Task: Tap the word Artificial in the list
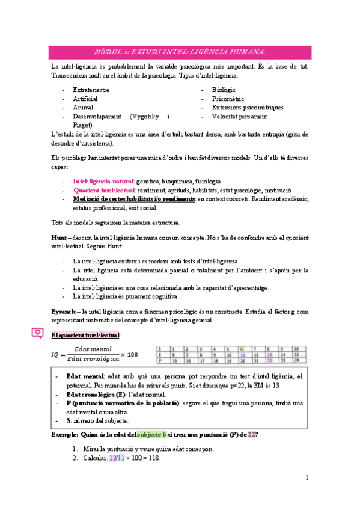(85, 99)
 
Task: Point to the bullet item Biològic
(225, 90)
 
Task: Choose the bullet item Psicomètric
(228, 99)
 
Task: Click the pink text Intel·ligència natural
(103, 181)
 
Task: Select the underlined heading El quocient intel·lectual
(85, 334)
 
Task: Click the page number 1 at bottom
(307, 478)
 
